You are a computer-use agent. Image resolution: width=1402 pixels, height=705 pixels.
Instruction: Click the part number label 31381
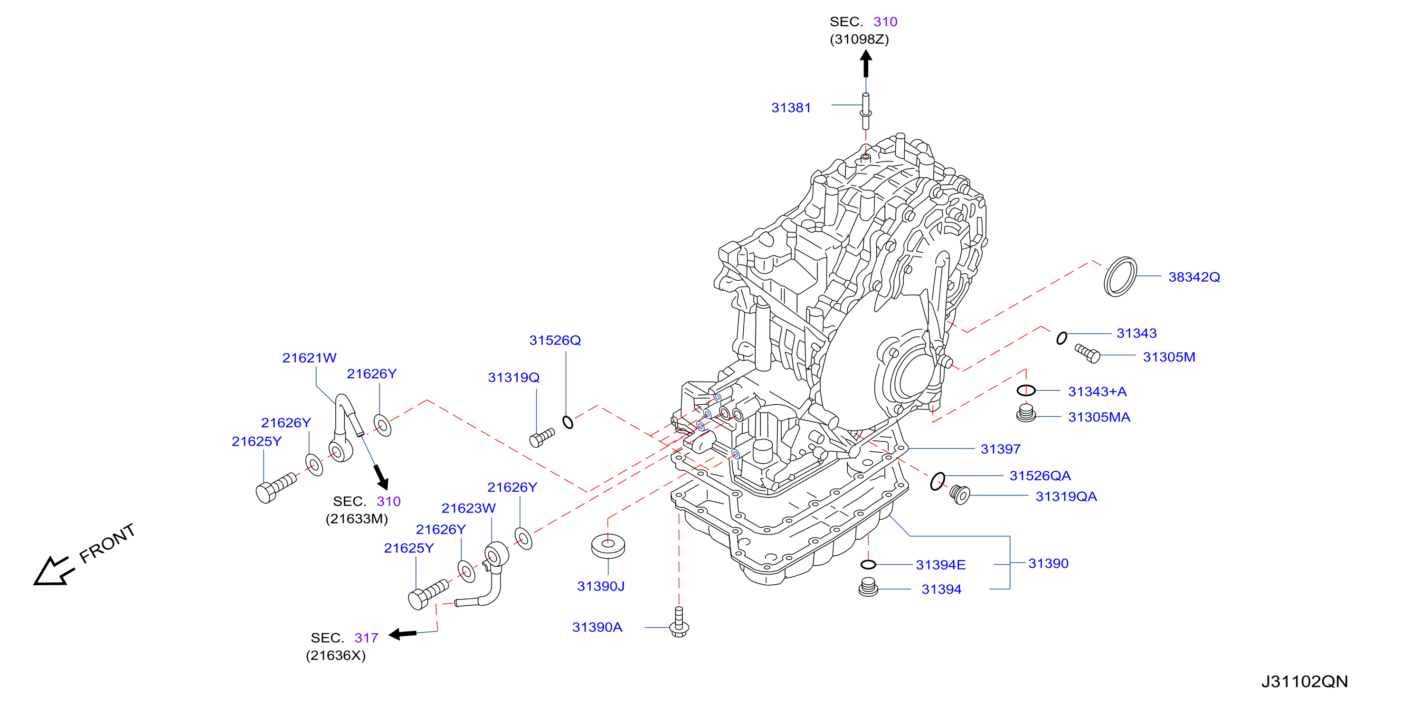tap(791, 108)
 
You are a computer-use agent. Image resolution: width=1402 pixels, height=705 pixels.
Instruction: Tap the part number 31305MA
tap(1099, 417)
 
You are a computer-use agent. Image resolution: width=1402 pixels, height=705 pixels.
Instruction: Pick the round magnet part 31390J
tap(608, 546)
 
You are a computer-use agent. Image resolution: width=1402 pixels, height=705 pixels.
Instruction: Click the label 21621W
tap(309, 358)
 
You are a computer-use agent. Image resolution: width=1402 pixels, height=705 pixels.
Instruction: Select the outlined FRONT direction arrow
tap(53, 571)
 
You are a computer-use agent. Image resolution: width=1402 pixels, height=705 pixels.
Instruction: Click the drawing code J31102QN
tap(1305, 682)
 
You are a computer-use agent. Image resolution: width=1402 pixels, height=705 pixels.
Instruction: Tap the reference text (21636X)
tap(336, 656)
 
